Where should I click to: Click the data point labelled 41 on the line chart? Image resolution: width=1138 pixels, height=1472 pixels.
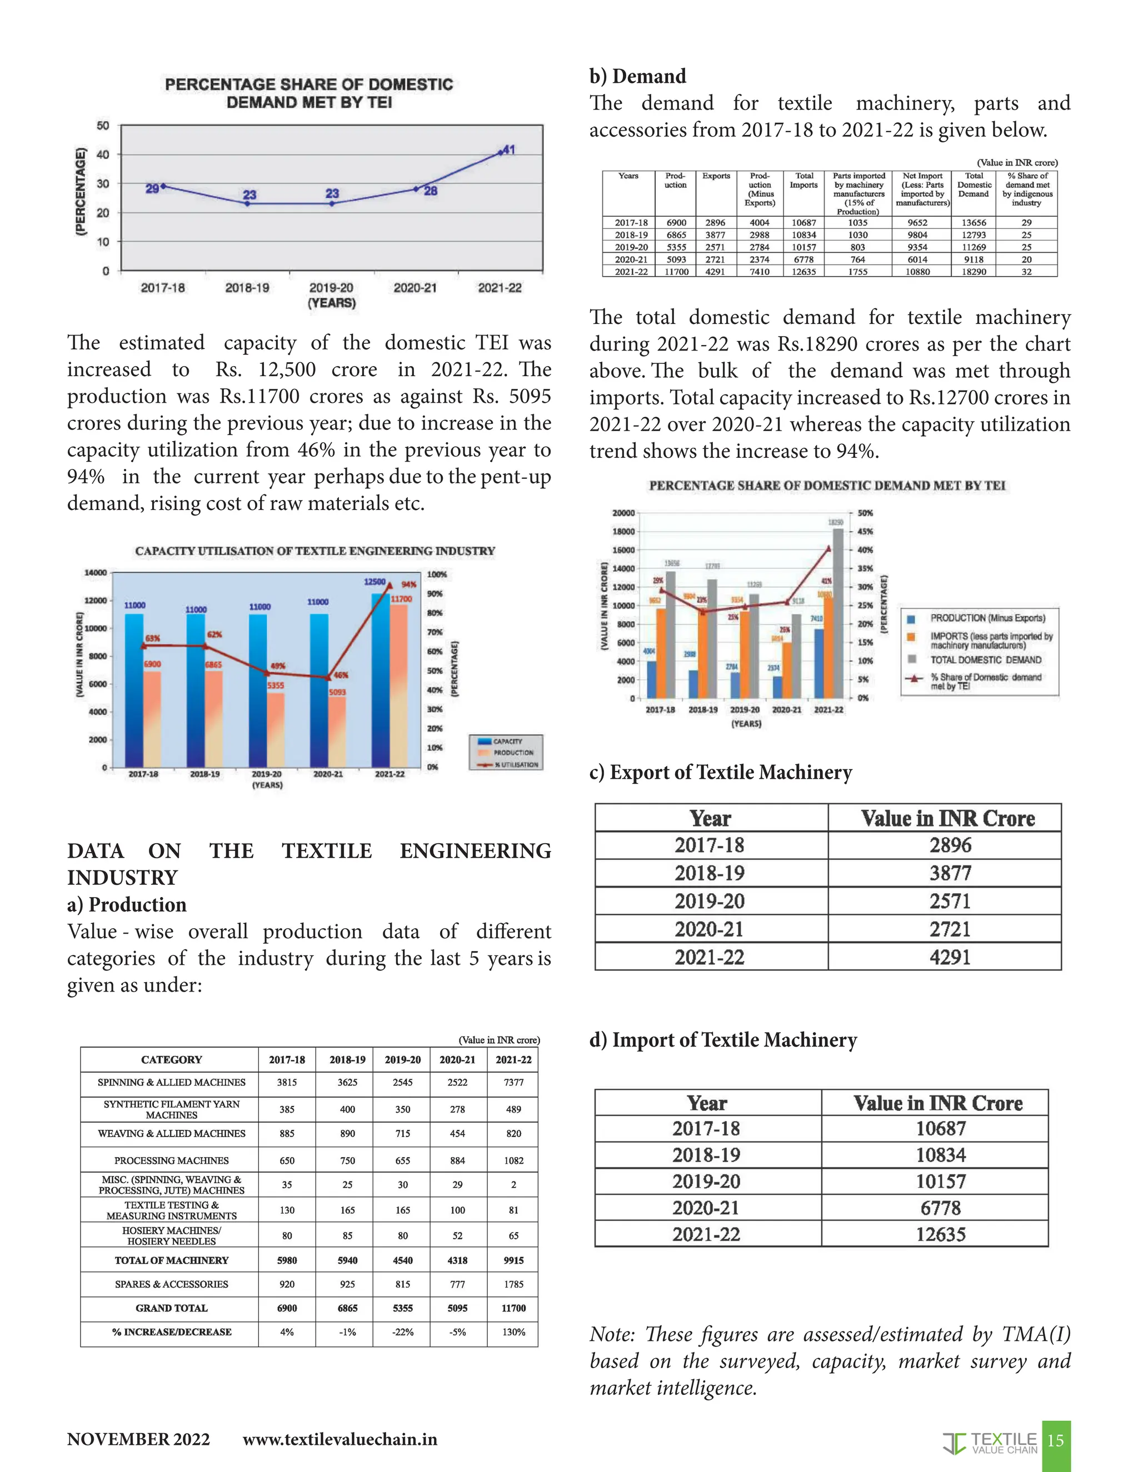tap(501, 152)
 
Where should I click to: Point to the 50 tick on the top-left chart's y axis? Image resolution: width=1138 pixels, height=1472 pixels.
tap(102, 126)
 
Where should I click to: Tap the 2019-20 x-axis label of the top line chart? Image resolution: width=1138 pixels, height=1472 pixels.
tap(331, 288)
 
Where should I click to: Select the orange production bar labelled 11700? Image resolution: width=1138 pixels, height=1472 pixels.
tap(398, 681)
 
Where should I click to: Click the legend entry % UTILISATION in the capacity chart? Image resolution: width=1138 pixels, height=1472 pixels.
tap(516, 764)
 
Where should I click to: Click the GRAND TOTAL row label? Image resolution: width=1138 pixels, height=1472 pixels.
tap(171, 1308)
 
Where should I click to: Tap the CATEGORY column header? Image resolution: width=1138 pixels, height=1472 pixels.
tap(171, 1059)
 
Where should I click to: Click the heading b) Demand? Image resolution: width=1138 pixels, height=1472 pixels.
tap(638, 76)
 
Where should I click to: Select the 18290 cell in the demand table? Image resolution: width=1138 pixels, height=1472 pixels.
tap(974, 272)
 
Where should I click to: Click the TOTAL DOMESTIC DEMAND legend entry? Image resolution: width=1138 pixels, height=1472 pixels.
tap(985, 660)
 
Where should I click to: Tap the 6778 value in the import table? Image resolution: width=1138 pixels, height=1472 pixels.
tap(941, 1207)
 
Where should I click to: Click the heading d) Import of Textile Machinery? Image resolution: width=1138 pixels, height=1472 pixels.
tap(723, 1040)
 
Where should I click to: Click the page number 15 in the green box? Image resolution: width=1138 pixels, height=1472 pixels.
tap(1056, 1440)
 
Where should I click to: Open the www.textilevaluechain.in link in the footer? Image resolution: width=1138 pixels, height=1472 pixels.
tap(340, 1440)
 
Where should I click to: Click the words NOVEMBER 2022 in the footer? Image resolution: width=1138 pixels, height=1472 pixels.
tap(138, 1440)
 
